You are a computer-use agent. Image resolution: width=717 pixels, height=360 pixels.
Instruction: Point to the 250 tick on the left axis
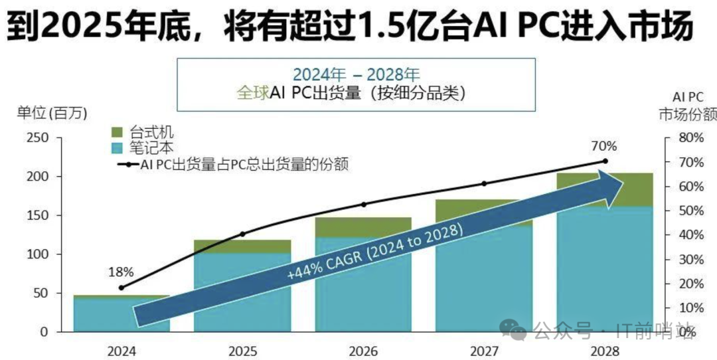pyautogui.click(x=39, y=137)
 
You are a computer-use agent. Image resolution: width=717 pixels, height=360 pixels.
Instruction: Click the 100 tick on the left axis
pyautogui.click(x=39, y=254)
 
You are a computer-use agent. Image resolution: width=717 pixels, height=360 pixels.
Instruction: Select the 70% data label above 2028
pyautogui.click(x=605, y=146)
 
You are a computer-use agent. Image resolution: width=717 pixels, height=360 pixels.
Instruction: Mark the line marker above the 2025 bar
pyautogui.click(x=242, y=234)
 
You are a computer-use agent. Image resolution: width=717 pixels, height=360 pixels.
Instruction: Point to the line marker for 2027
pyautogui.click(x=484, y=183)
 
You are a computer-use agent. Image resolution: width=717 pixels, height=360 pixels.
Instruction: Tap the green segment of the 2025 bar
pyautogui.click(x=242, y=246)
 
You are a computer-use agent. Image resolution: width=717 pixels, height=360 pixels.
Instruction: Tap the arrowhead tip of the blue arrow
pyautogui.click(x=624, y=181)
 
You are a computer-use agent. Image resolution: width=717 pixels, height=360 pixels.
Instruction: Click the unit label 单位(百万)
pyautogui.click(x=52, y=113)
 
